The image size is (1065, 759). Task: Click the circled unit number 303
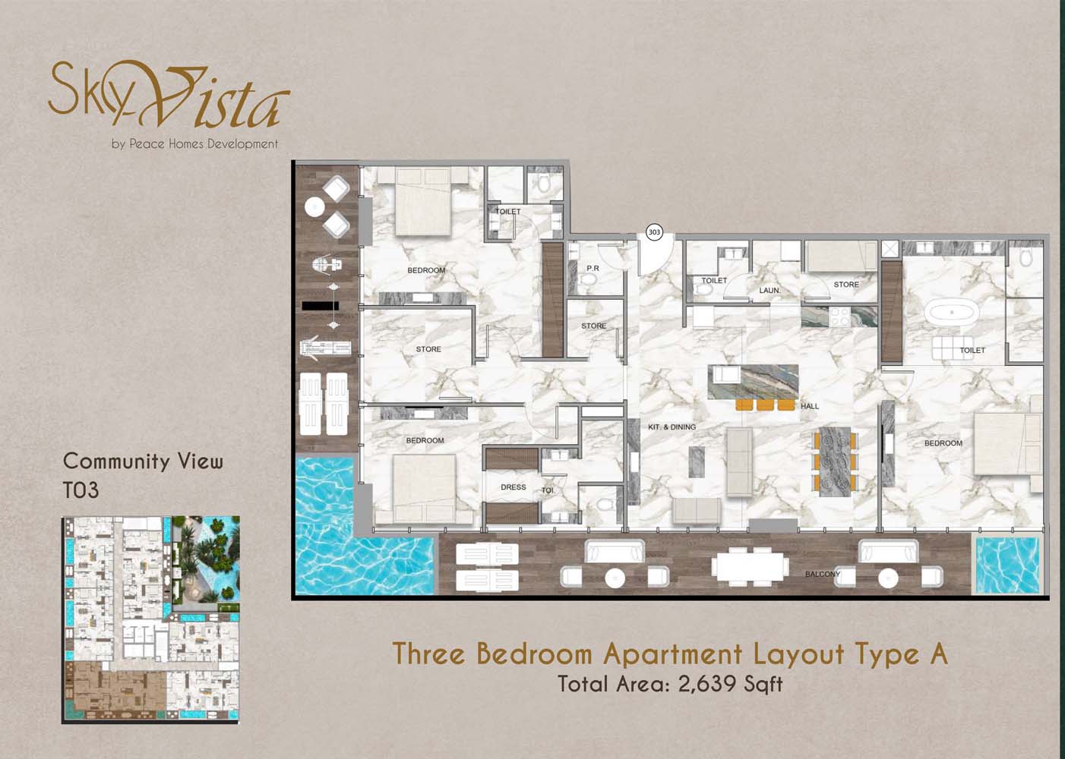654,231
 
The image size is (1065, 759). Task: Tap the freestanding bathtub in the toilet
952,313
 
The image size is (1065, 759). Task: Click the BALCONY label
823,574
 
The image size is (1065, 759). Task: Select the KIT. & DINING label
672,427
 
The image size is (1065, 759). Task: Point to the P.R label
593,269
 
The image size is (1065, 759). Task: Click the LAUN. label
770,290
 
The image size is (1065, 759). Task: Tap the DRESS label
513,487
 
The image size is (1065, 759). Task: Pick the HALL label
810,406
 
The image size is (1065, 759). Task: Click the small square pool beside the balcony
1007,565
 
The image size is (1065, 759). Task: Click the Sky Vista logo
169,95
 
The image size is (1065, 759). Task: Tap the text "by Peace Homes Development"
194,143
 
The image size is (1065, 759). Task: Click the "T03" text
81,490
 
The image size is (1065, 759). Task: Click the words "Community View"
143,461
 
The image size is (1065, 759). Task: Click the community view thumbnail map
150,620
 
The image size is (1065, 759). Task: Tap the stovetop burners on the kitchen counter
839,317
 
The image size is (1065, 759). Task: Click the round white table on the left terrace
314,207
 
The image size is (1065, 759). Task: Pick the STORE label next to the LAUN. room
846,285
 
